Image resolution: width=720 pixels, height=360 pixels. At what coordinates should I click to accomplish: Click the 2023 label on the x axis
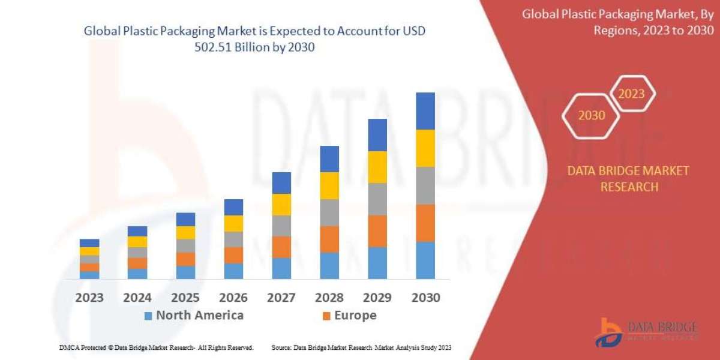tap(89, 297)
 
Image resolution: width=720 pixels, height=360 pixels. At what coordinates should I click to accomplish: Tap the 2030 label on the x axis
tap(425, 297)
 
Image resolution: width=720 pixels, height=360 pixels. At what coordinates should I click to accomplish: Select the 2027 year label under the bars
tap(281, 297)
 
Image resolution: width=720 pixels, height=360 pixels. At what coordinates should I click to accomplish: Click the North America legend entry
tap(193, 315)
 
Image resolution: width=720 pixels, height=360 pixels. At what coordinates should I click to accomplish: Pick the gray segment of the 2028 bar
tap(329, 212)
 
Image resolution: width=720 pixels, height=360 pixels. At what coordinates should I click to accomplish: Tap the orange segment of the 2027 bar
tap(281, 247)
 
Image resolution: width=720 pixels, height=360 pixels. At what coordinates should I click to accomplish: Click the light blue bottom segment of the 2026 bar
tap(233, 271)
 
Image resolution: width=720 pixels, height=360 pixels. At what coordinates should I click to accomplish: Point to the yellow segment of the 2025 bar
tap(185, 233)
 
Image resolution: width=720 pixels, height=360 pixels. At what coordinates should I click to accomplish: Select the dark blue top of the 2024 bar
tap(137, 231)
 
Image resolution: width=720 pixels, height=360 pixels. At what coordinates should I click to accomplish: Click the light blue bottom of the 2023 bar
tap(89, 275)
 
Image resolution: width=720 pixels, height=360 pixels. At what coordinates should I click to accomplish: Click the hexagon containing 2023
tap(631, 94)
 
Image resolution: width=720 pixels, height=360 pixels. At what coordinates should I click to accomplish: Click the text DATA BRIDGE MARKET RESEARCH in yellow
tap(628, 179)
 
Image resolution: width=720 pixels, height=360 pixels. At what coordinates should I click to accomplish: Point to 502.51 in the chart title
tap(215, 48)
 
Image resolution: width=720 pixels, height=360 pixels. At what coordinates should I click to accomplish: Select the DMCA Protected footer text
tap(156, 347)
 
